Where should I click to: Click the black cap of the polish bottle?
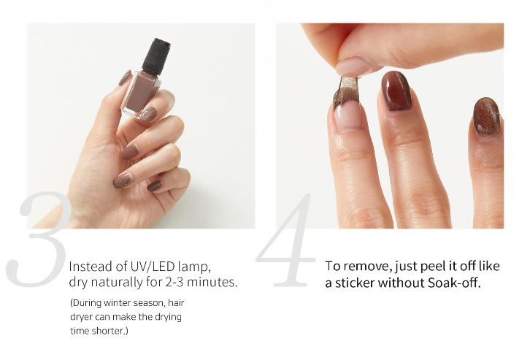155,56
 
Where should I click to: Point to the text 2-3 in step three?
174,282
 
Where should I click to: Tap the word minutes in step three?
212,282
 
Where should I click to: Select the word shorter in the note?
110,331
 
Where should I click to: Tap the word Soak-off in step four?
454,283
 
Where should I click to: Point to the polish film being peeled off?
344,90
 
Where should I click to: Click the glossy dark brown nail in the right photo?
396,91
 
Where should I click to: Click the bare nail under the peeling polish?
347,115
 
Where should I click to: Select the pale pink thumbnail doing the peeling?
353,66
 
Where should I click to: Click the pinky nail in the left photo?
155,185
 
